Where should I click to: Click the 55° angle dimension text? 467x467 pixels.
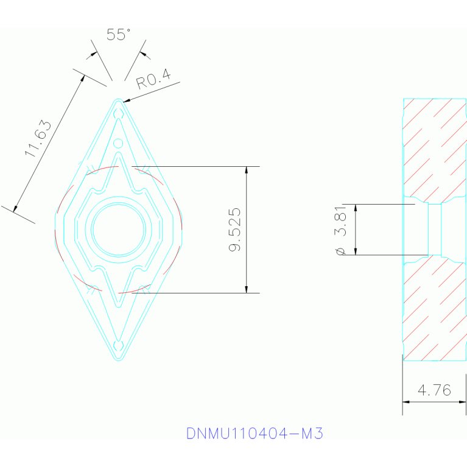click(x=119, y=35)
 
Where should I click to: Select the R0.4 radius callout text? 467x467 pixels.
click(x=153, y=80)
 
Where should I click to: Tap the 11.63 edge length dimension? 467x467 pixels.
click(x=38, y=139)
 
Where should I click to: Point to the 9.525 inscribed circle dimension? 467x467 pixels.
click(x=234, y=230)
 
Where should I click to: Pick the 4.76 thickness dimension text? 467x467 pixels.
click(x=434, y=390)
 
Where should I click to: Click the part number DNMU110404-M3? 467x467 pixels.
click(x=255, y=434)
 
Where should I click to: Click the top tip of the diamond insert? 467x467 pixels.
click(x=119, y=100)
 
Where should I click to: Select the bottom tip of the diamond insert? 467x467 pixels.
click(x=119, y=359)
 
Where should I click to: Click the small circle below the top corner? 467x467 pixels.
click(x=119, y=144)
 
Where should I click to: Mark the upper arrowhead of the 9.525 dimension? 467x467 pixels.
click(x=247, y=171)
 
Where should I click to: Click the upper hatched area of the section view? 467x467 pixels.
click(x=434, y=149)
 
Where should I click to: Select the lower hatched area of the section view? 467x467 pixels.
click(x=434, y=311)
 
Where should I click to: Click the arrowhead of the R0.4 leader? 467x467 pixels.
click(x=125, y=100)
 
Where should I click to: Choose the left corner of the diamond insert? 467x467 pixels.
click(x=55, y=230)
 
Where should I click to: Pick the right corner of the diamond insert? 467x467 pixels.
click(x=181, y=230)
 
